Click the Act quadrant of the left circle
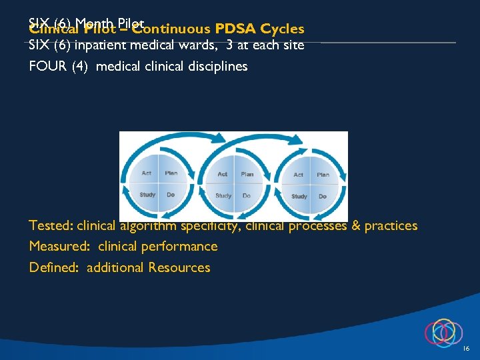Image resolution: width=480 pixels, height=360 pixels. coord(147,174)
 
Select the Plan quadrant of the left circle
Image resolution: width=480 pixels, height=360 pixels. coord(171,174)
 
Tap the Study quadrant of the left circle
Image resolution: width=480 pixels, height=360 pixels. coord(147,195)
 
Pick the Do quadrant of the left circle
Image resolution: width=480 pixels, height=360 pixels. coord(171,195)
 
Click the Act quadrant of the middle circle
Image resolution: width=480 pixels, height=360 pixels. coord(223,175)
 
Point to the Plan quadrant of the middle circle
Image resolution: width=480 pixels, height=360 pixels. coord(247,175)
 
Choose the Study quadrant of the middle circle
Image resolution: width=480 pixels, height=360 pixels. coord(223,195)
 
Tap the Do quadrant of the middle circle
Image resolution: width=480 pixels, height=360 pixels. coord(247,195)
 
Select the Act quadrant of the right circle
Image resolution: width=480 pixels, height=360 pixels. coord(299,175)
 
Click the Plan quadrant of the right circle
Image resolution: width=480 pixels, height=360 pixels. coord(323,175)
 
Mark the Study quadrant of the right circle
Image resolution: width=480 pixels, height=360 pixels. coord(299,196)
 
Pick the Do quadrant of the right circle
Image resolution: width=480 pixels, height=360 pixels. coord(323,196)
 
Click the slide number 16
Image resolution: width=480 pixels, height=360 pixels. coord(466,349)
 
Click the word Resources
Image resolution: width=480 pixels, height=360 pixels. coord(179,267)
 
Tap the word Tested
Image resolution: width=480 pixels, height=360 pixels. coord(51,225)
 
